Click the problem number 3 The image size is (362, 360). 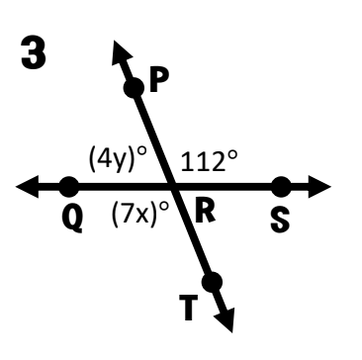(x=34, y=52)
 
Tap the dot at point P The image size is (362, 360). (x=134, y=88)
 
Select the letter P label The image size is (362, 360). (x=159, y=80)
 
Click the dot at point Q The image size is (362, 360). (x=69, y=187)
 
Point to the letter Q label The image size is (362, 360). (x=72, y=221)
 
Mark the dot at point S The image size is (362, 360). (x=281, y=187)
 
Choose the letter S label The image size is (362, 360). (x=280, y=222)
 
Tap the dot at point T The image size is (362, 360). (x=212, y=282)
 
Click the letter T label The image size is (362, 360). (x=188, y=308)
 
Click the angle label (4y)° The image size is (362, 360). (x=118, y=159)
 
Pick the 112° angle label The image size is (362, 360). (x=209, y=161)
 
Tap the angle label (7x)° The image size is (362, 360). (x=140, y=215)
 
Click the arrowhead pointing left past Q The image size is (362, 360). (x=27, y=187)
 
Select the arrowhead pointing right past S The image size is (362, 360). (x=319, y=187)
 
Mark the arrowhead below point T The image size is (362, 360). (x=226, y=320)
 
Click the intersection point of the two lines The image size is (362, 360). (x=172, y=187)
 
